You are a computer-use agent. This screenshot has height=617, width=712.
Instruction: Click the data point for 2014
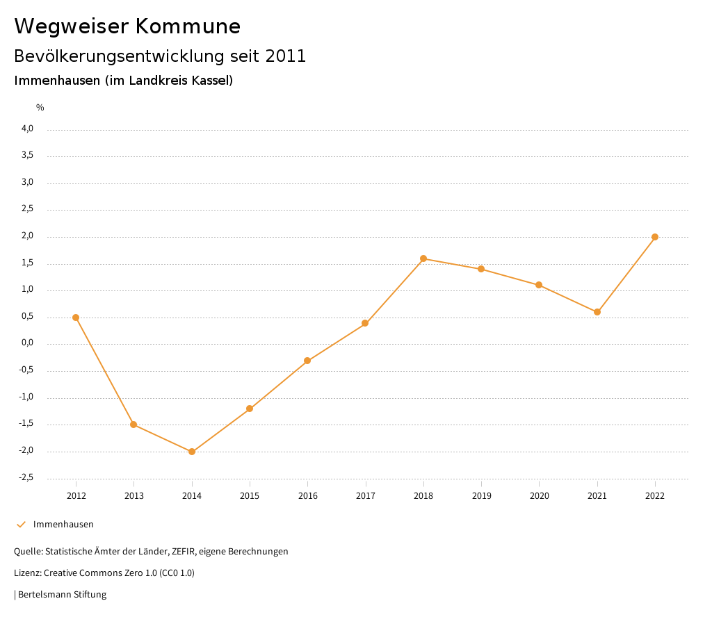point(192,452)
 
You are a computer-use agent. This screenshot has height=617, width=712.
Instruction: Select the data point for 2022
point(655,237)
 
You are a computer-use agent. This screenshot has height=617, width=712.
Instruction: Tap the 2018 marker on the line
point(423,258)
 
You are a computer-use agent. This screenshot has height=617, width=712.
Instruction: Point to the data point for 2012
point(76,318)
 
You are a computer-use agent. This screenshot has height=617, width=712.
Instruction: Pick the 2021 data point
point(597,312)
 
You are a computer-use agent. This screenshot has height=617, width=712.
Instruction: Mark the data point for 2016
point(307,361)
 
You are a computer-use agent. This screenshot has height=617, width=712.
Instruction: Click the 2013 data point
point(133,425)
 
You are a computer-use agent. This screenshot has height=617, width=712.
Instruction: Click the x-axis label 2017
point(366,495)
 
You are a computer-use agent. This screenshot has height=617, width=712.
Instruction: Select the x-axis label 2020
point(540,495)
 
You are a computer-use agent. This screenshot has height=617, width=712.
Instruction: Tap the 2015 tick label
point(250,495)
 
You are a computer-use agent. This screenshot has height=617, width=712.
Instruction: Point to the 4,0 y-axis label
point(27,129)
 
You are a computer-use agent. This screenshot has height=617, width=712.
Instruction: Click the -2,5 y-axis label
point(26,477)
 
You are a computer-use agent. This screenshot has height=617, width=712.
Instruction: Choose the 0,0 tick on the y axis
point(27,343)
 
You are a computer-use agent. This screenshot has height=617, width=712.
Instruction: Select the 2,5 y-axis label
point(27,209)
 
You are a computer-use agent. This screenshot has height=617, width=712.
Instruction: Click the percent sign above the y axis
point(40,108)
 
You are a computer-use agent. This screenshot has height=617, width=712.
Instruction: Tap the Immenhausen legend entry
point(63,525)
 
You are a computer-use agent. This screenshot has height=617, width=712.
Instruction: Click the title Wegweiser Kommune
point(127,26)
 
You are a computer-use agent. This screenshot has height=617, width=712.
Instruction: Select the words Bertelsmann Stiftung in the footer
point(62,595)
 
